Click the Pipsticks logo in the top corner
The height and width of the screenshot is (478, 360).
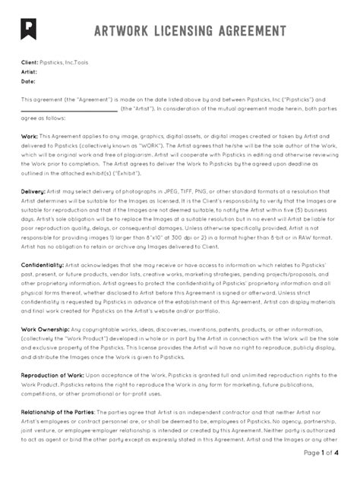(30, 29)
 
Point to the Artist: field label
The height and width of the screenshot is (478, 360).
(29, 72)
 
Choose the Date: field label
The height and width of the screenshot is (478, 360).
(28, 80)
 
